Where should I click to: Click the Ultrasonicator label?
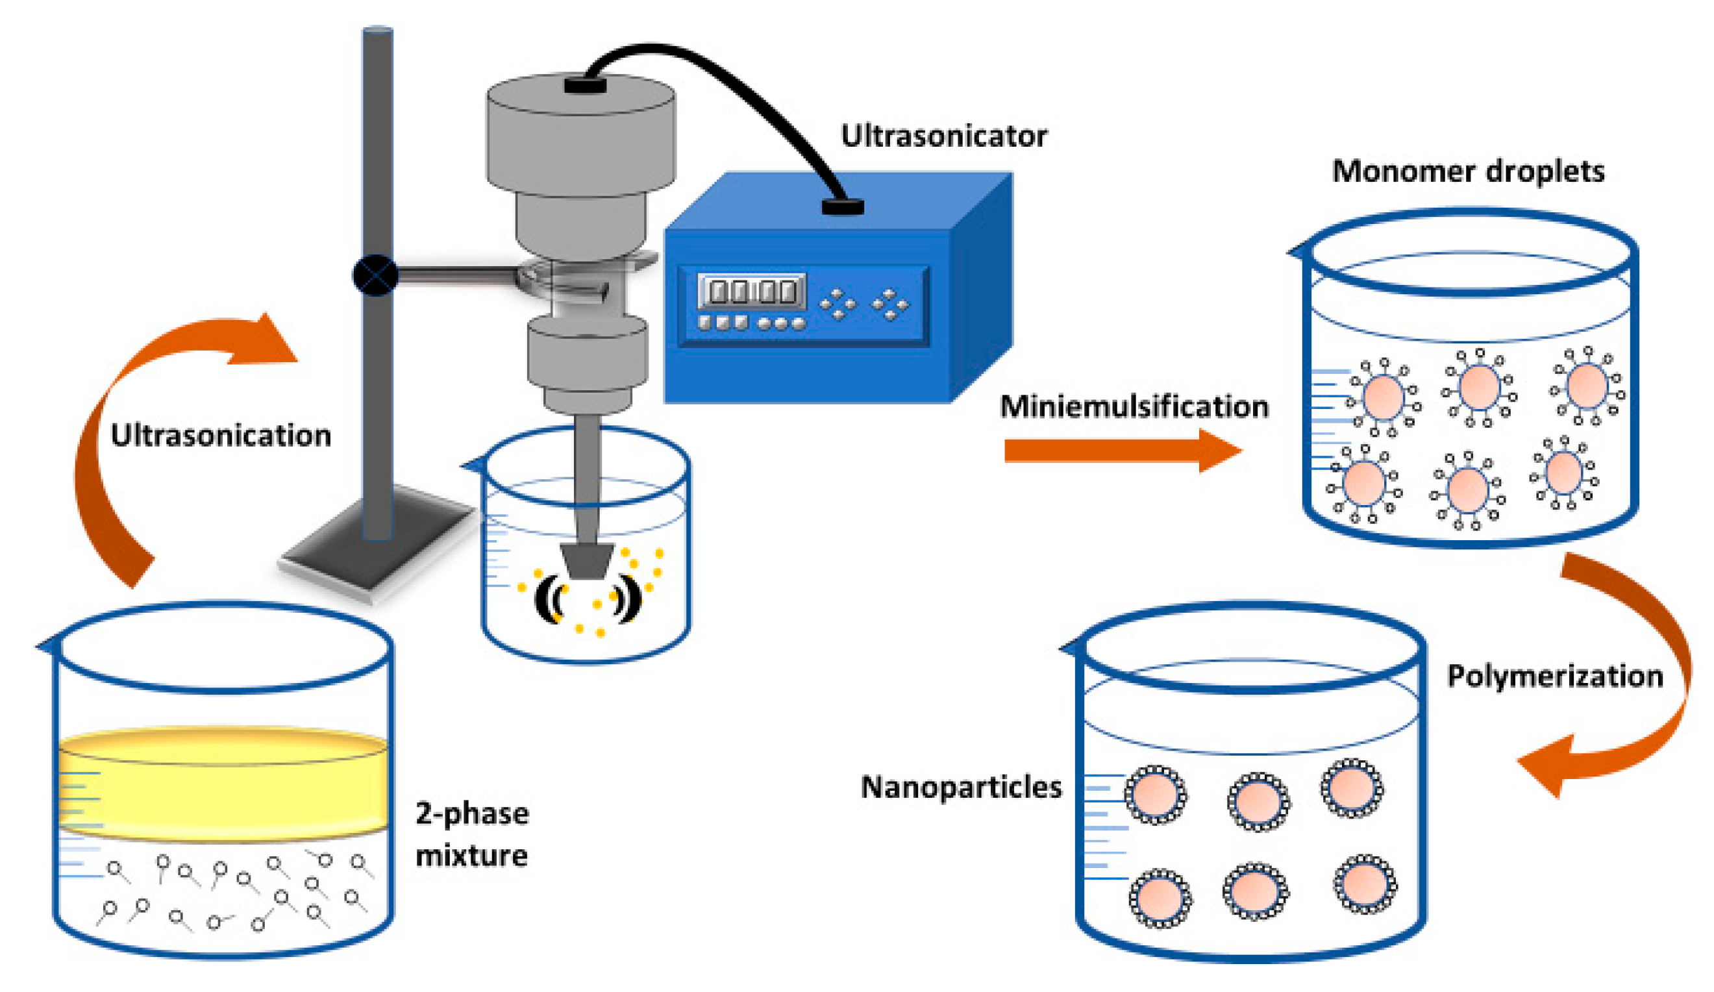pos(943,136)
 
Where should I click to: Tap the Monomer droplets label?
pos(1468,171)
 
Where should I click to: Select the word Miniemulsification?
pos(1134,406)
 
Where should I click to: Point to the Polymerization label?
pos(1555,676)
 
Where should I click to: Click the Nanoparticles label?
pos(961,787)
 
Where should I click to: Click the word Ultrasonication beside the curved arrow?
pos(221,435)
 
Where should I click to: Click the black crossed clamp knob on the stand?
pos(375,275)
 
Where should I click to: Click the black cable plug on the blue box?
pos(842,206)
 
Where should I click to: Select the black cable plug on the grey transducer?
pos(585,85)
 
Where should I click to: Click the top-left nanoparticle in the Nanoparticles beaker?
pos(1156,794)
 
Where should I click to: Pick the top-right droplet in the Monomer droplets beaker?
pos(1587,385)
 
